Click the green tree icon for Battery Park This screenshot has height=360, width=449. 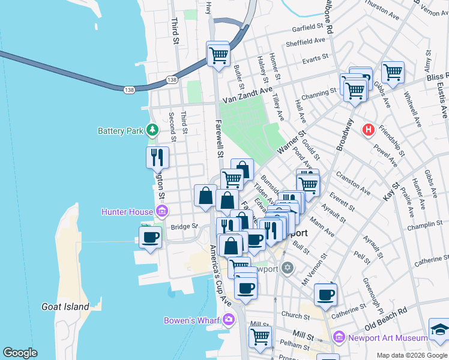[153, 130]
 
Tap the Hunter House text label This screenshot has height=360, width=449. [127, 211]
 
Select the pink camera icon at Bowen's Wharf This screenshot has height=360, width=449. [228, 320]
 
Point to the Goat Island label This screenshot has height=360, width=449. [65, 307]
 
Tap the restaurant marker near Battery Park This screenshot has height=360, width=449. [157, 158]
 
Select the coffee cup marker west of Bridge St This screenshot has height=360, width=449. [150, 237]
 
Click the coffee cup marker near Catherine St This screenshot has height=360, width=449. [325, 295]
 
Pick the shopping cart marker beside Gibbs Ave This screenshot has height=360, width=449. [392, 73]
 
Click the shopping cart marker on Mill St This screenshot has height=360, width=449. [260, 337]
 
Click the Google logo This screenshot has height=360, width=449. [20, 353]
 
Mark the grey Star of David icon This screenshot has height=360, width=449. [288, 267]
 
